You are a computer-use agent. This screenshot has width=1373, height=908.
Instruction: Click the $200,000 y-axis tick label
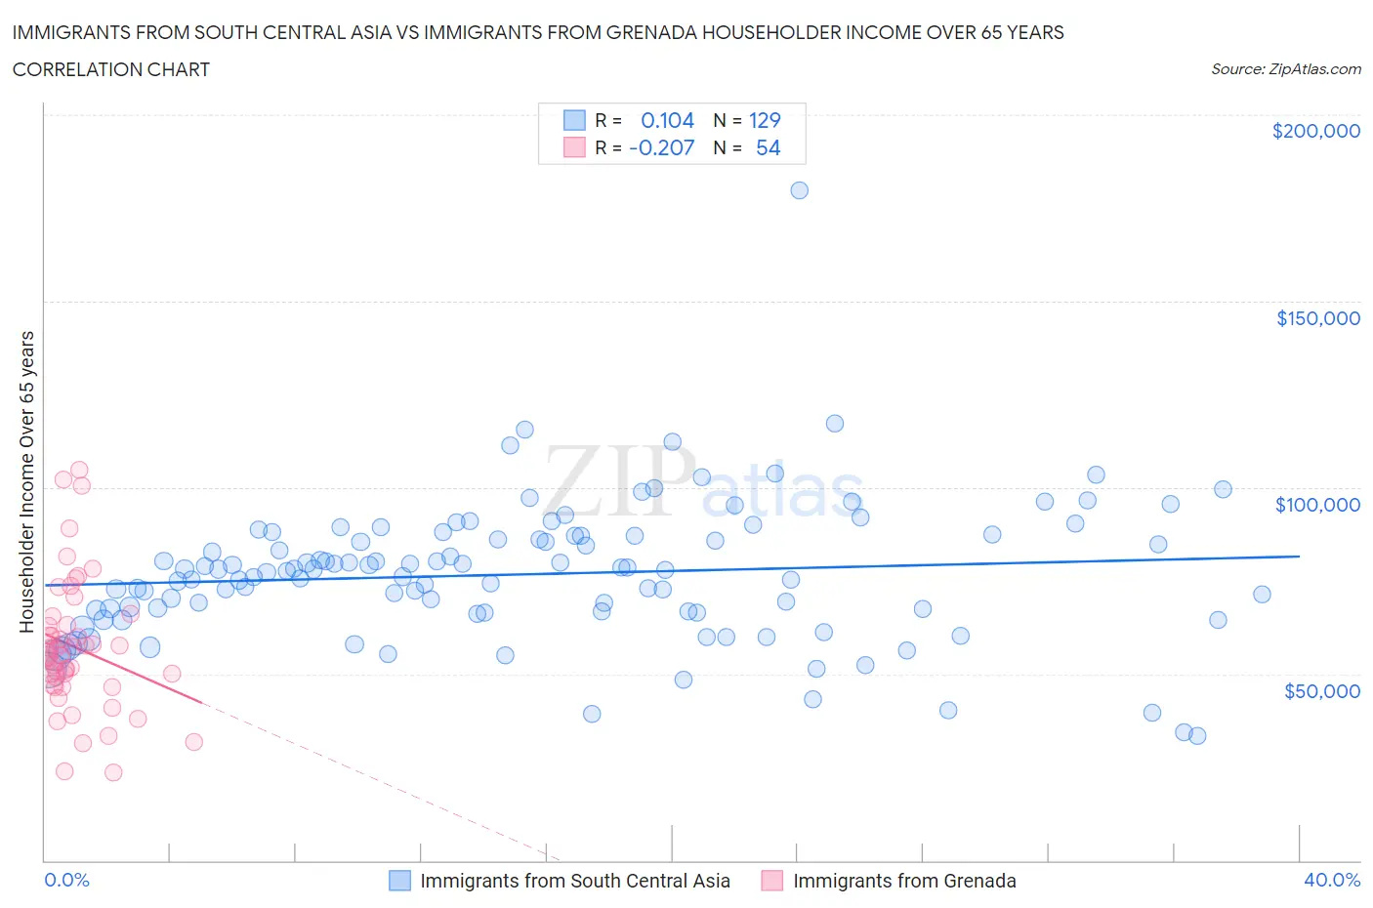click(x=1315, y=131)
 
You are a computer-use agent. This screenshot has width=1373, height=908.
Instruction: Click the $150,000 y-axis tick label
click(x=1317, y=318)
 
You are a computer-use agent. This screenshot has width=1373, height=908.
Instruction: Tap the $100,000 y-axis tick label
click(x=1317, y=505)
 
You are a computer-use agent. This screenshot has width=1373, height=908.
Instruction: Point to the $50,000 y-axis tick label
click(x=1321, y=691)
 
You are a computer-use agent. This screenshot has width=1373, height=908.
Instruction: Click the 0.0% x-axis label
click(x=66, y=880)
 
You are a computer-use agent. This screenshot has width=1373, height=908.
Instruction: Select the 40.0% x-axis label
click(x=1332, y=880)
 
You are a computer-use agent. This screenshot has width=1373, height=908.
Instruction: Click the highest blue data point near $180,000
click(x=799, y=190)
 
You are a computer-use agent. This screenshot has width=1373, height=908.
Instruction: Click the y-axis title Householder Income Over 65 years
click(x=27, y=481)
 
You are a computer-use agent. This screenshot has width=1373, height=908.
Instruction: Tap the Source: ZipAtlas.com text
click(x=1285, y=69)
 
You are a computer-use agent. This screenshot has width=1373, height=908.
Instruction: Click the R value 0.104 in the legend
click(x=667, y=120)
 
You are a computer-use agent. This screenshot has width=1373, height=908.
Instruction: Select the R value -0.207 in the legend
click(x=661, y=147)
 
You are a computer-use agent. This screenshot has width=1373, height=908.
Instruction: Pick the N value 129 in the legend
click(x=765, y=120)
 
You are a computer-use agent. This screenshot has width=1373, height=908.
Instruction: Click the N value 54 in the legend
click(x=768, y=147)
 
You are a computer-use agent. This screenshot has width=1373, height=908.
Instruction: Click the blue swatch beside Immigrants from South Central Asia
click(x=399, y=881)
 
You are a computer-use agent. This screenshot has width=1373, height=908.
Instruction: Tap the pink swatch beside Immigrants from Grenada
click(x=772, y=881)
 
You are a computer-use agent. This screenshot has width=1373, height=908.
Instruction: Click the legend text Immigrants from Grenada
click(x=904, y=881)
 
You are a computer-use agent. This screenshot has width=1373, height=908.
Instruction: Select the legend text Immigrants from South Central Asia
click(x=574, y=881)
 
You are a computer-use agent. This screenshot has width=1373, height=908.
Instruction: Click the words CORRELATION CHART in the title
click(x=111, y=69)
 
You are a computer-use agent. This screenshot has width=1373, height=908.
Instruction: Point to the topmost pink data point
click(x=79, y=471)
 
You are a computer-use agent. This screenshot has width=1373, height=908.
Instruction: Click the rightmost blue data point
click(x=1262, y=595)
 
